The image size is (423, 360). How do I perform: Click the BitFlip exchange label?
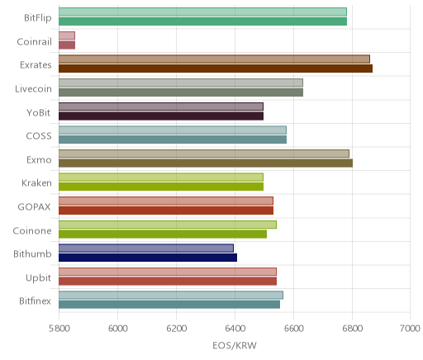(38, 18)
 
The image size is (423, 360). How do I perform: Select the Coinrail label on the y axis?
(34, 41)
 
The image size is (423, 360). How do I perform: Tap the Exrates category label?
(36, 65)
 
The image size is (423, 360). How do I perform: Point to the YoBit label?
(38, 112)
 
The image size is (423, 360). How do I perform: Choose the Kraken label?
(36, 182)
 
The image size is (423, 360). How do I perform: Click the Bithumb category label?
(32, 253)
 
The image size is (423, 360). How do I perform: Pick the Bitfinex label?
(35, 301)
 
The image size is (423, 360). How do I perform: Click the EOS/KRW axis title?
(235, 345)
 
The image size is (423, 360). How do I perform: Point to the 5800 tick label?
(59, 329)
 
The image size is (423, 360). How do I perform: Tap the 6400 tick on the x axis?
(235, 329)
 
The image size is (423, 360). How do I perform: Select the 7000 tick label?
(410, 329)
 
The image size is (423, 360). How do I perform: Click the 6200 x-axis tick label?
(176, 329)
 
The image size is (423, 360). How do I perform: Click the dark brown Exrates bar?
(216, 69)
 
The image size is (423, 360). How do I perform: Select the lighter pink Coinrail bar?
(67, 36)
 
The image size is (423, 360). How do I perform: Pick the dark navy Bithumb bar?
(148, 258)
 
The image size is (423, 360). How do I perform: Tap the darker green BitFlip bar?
(203, 21)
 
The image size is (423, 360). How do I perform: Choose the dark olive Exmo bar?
(206, 163)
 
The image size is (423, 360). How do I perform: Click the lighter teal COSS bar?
(173, 130)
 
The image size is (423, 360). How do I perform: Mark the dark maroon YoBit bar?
(161, 116)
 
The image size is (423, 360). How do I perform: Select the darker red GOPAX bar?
(166, 211)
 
